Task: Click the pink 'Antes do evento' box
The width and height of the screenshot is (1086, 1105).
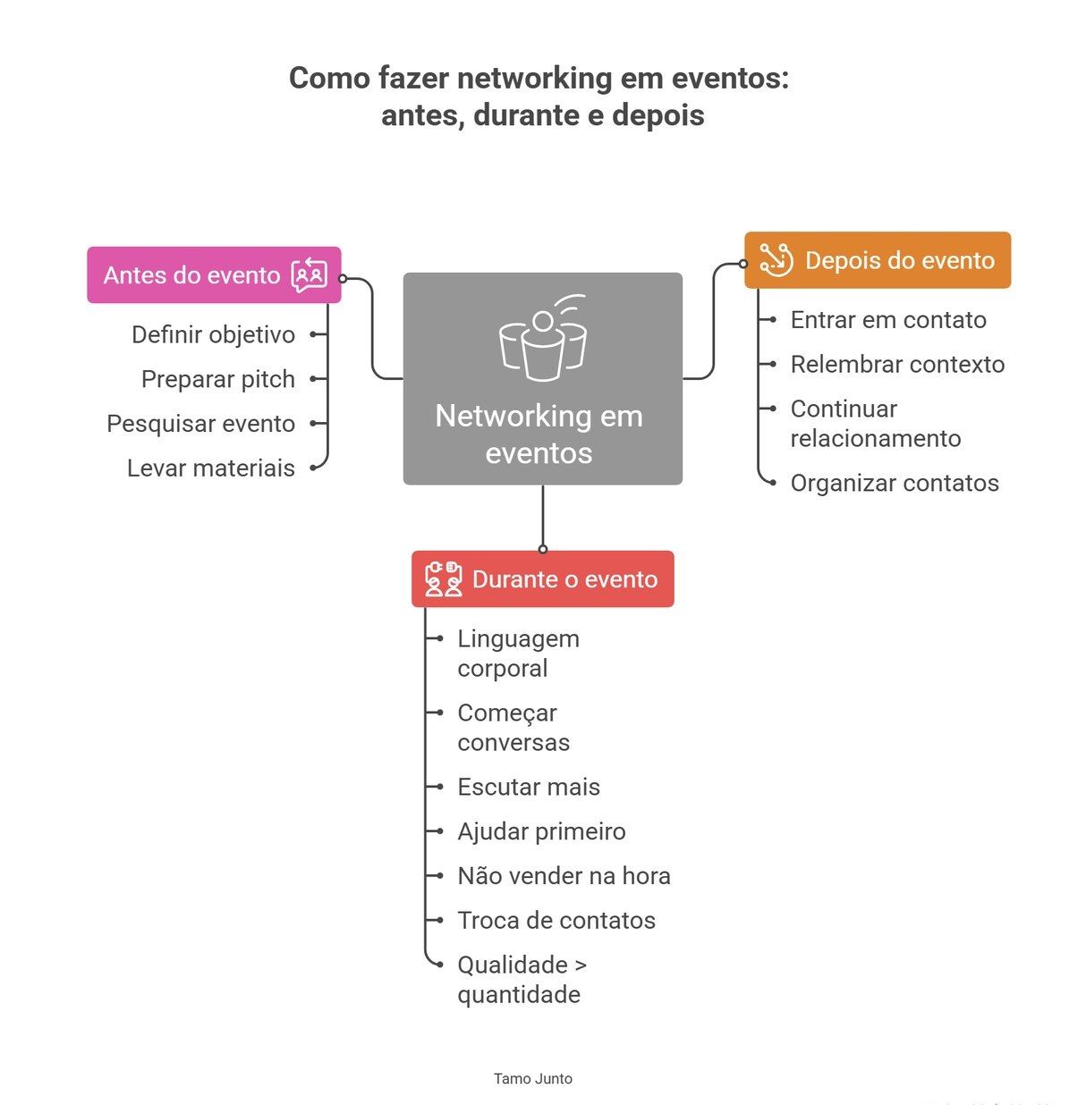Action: [214, 275]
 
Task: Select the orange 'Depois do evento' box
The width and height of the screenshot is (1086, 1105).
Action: [877, 260]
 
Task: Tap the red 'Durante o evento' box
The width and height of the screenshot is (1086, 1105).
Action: [542, 579]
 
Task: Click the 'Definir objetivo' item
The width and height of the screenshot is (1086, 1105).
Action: [213, 334]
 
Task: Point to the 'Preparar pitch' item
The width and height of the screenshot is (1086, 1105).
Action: [217, 379]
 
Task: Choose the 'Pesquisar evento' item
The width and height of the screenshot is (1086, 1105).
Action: [200, 424]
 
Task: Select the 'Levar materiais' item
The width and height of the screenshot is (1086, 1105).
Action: [210, 468]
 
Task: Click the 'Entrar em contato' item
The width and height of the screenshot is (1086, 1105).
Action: [887, 320]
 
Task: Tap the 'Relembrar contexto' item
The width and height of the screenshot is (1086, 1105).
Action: [897, 365]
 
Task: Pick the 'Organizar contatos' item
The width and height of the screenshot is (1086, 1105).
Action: [894, 484]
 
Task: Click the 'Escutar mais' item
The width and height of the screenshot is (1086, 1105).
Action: [528, 788]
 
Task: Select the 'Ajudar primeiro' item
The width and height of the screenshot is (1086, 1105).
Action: [541, 832]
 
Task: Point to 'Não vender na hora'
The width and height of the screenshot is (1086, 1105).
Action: [564, 876]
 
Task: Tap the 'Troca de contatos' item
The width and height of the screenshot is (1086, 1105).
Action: [556, 921]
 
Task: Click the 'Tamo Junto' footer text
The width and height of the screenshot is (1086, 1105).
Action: [532, 1079]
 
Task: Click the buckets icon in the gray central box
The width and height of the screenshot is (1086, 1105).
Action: [542, 338]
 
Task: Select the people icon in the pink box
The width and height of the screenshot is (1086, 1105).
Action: [310, 275]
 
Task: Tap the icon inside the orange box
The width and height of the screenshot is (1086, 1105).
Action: [776, 260]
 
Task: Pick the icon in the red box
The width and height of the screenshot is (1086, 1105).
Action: [443, 579]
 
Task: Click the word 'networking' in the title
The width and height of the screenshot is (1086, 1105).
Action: [534, 79]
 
